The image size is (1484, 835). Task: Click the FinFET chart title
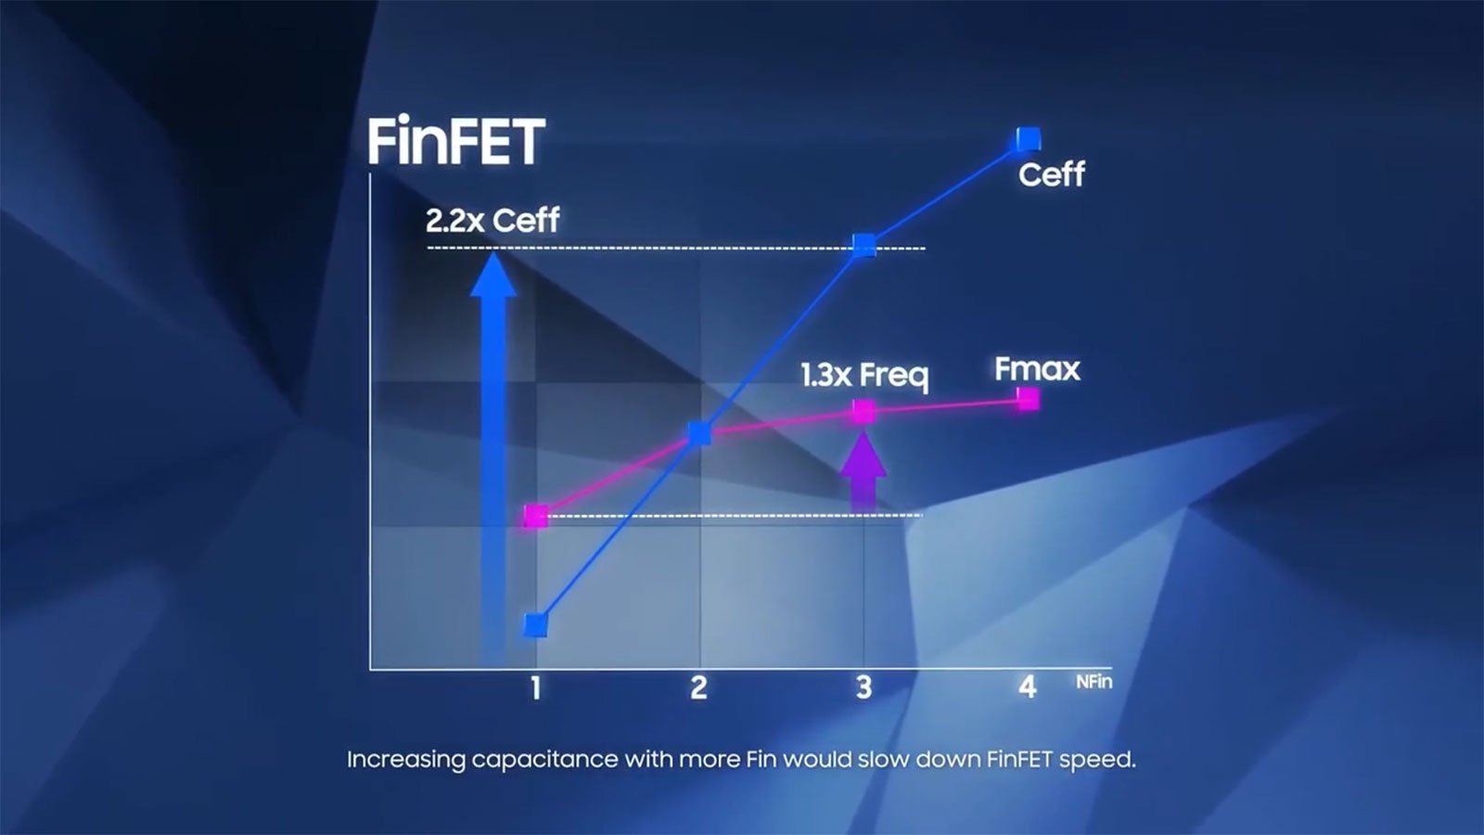pyautogui.click(x=456, y=142)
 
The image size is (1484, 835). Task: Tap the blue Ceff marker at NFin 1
pyautogui.click(x=535, y=625)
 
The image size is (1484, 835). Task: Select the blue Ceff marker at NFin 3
pyautogui.click(x=864, y=245)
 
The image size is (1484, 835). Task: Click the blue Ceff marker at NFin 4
pyautogui.click(x=1028, y=140)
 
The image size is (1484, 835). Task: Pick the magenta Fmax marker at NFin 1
pyautogui.click(x=535, y=516)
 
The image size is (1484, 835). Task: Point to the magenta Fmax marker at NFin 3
pyautogui.click(x=864, y=412)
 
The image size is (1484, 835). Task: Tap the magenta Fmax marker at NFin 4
pyautogui.click(x=1028, y=399)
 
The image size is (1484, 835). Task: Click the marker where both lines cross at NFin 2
pyautogui.click(x=699, y=433)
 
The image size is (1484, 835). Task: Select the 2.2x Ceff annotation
pyautogui.click(x=493, y=220)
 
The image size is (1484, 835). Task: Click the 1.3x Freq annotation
pyautogui.click(x=864, y=375)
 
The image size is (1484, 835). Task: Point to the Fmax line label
pyautogui.click(x=1038, y=369)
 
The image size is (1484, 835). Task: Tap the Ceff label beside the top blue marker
pyautogui.click(x=1052, y=175)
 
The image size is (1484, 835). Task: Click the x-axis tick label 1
pyautogui.click(x=535, y=687)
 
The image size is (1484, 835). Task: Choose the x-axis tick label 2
pyautogui.click(x=699, y=687)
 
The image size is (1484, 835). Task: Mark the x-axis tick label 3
pyautogui.click(x=864, y=687)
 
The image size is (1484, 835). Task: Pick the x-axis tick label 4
pyautogui.click(x=1027, y=687)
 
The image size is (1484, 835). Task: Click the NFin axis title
pyautogui.click(x=1094, y=681)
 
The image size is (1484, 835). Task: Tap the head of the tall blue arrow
pyautogui.click(x=493, y=272)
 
